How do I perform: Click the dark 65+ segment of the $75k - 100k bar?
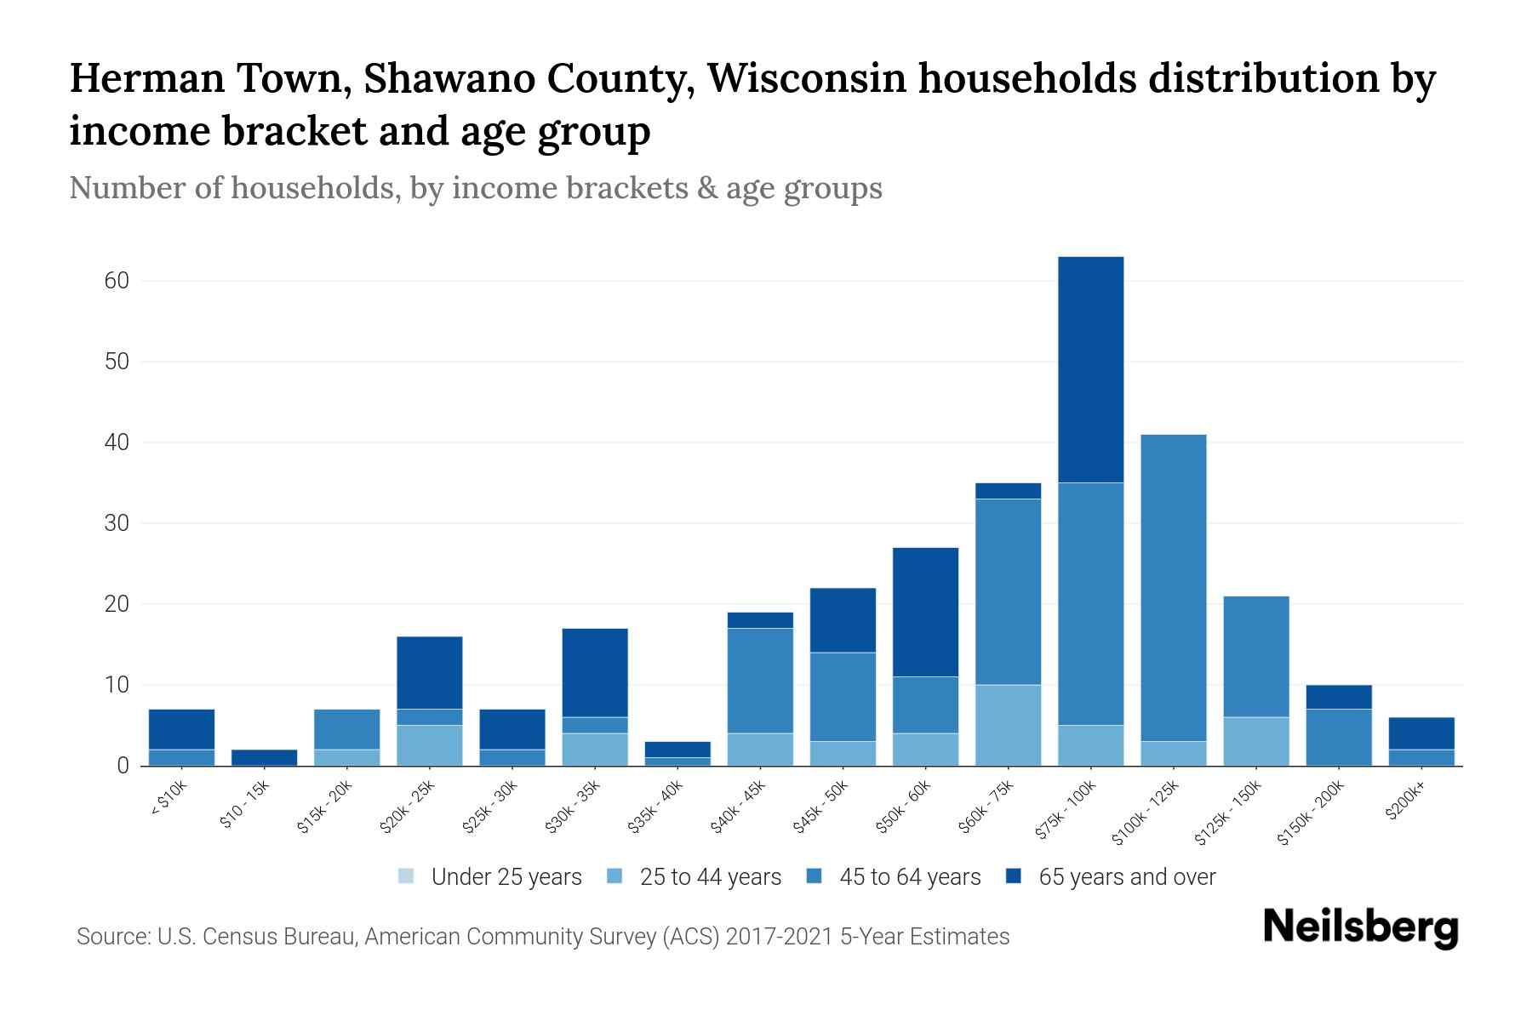click(x=1090, y=369)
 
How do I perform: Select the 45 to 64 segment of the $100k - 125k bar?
click(x=1173, y=587)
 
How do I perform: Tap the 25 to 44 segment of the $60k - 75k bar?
click(x=1008, y=725)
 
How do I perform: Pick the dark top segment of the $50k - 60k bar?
click(x=925, y=612)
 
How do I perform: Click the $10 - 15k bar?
click(x=264, y=757)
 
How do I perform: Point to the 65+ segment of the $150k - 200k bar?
click(x=1338, y=697)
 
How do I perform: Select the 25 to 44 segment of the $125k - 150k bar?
click(x=1255, y=741)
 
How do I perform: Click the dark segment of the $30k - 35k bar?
click(x=595, y=672)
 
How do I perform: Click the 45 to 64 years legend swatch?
click(x=815, y=876)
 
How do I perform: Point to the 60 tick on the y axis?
click(x=117, y=281)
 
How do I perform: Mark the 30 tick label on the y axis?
click(x=117, y=523)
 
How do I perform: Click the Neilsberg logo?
click(x=1360, y=927)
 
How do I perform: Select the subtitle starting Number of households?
click(x=475, y=188)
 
